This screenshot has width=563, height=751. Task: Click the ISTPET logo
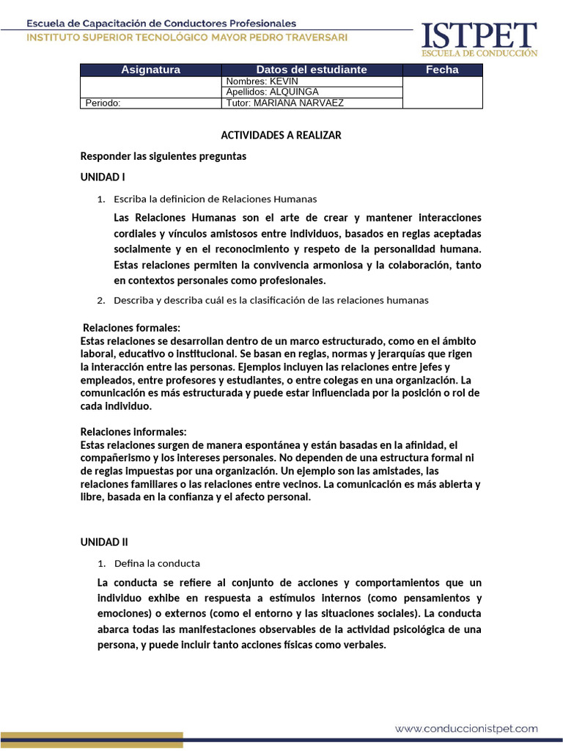pos(479,39)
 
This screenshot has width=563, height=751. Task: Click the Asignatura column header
pos(150,70)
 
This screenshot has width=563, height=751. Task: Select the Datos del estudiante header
pos(312,70)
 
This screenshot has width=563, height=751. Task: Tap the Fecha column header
pos(442,70)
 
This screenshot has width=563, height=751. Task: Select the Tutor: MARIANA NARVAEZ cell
pos(285,103)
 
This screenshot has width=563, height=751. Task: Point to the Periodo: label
pos(103,103)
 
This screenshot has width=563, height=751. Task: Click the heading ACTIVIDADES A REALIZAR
pos(281,136)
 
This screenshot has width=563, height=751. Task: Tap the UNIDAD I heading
pos(103,177)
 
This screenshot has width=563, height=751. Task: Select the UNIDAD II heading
pos(104,542)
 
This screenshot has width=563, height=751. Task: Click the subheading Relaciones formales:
pos(131,328)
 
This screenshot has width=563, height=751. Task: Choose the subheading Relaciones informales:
pos(133,432)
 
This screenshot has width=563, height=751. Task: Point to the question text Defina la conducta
pos(157,563)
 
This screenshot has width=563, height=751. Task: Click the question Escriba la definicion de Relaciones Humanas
pos(216,199)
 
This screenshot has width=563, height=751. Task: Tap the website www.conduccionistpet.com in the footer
pos(466,729)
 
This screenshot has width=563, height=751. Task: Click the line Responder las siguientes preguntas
pos(163,156)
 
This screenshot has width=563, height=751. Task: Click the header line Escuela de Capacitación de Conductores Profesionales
pos(162,23)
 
